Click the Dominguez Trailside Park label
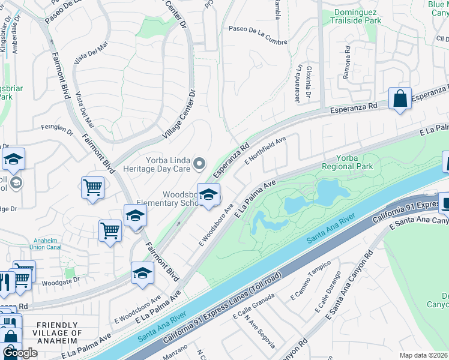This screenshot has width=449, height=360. click(355, 16)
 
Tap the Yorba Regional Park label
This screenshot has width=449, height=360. click(347, 162)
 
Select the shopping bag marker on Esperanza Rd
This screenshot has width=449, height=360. click(400, 98)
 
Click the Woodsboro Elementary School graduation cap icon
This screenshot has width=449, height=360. click(208, 195)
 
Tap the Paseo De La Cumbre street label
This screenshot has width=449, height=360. click(258, 28)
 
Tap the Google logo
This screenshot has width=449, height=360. click(20, 353)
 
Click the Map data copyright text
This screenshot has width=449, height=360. click(423, 355)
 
